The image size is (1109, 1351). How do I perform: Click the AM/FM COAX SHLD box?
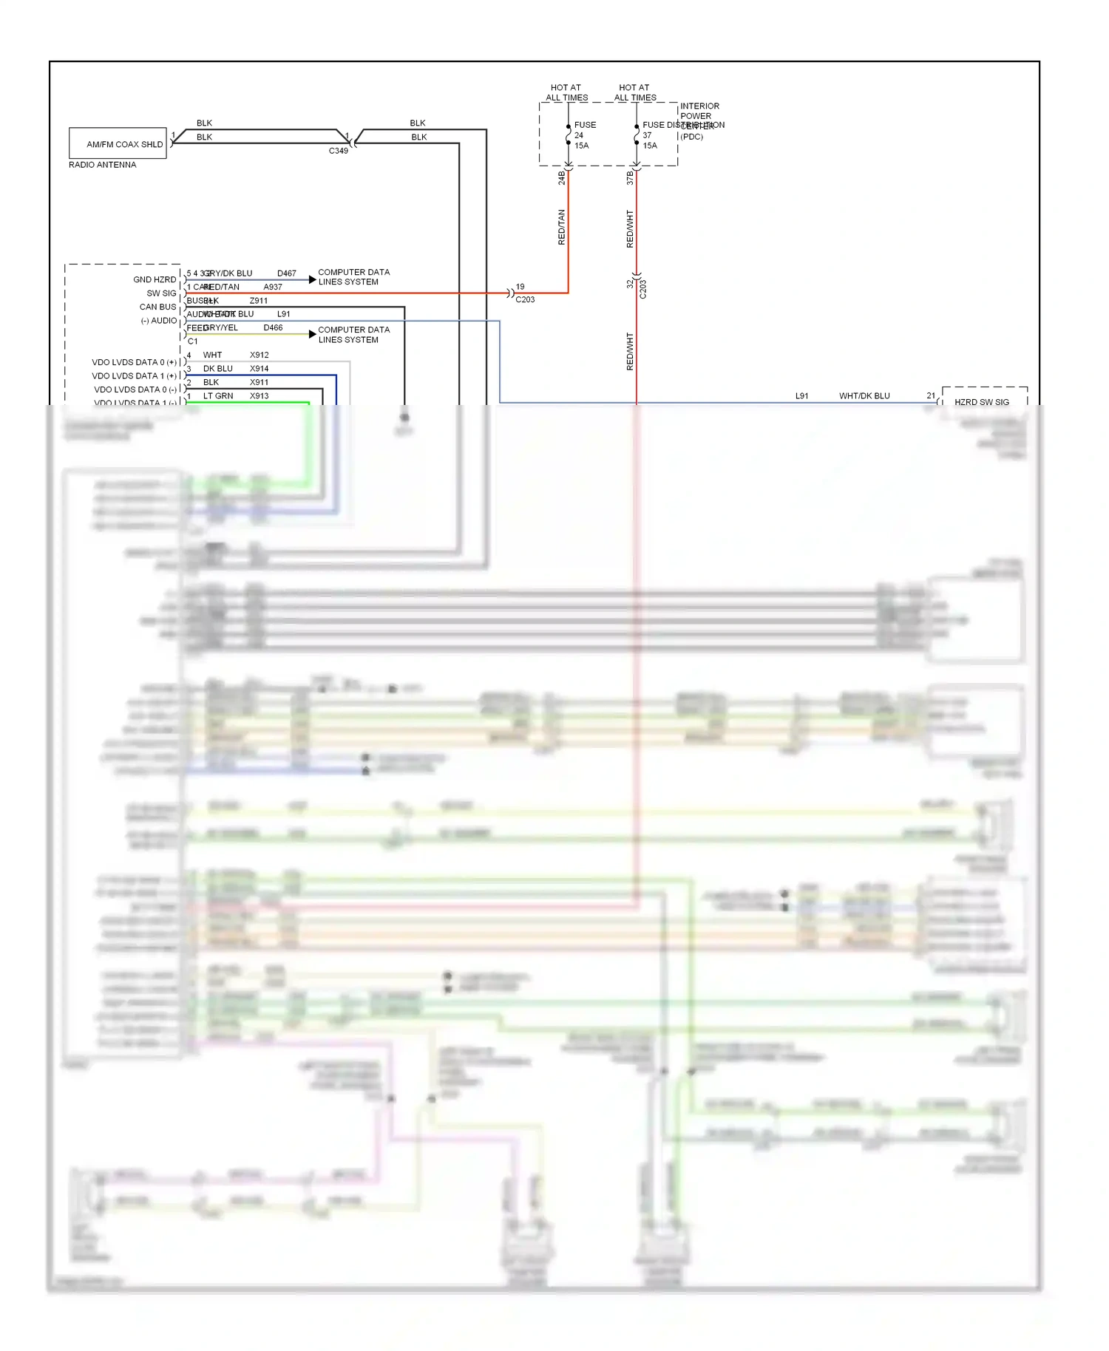coord(118,143)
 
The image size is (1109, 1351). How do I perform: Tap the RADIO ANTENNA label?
coord(102,165)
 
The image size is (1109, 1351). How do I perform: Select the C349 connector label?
coord(338,151)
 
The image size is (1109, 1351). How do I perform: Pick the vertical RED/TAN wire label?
coord(561,227)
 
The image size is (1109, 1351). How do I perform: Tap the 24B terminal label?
coord(561,177)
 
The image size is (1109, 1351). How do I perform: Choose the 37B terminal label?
coord(630,177)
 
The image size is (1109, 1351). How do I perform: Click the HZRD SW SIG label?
coord(981,402)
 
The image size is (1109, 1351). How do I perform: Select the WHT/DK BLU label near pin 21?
coord(864,396)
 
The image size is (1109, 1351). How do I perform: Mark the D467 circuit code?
coord(286,273)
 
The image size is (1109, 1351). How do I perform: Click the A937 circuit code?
coord(273,287)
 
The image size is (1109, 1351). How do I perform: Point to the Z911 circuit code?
coord(259,301)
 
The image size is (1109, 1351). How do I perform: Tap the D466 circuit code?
coord(273,327)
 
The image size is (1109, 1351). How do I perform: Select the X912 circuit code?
coord(259,355)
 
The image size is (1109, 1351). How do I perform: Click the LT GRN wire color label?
coord(218,396)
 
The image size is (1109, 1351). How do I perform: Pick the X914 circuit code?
coord(259,369)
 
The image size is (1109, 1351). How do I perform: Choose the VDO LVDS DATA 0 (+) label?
coord(134,362)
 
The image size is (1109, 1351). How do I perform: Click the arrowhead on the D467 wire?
coord(313,280)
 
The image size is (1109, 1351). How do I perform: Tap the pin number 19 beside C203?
coord(520,287)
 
